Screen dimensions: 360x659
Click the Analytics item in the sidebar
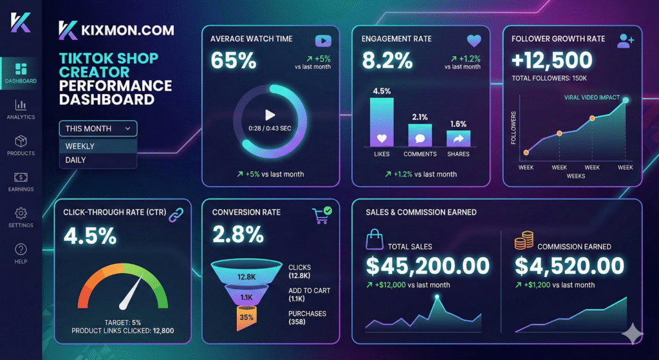pyautogui.click(x=21, y=109)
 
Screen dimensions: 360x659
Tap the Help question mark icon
pyautogui.click(x=21, y=249)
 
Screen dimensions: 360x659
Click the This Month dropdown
pyautogui.click(x=98, y=128)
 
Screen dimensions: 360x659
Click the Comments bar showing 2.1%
pyautogui.click(x=420, y=135)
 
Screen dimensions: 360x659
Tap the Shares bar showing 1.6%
pyautogui.click(x=458, y=138)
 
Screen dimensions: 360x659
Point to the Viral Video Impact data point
pyautogui.click(x=626, y=100)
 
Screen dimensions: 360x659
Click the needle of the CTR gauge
pyautogui.click(x=132, y=293)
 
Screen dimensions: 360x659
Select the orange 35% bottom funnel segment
pyautogui.click(x=246, y=317)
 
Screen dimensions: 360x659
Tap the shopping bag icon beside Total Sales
pyautogui.click(x=375, y=241)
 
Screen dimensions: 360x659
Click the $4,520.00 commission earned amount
pyautogui.click(x=570, y=265)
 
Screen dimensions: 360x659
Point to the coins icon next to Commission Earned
pyautogui.click(x=523, y=242)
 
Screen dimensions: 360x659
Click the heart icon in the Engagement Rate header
pyautogui.click(x=474, y=40)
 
